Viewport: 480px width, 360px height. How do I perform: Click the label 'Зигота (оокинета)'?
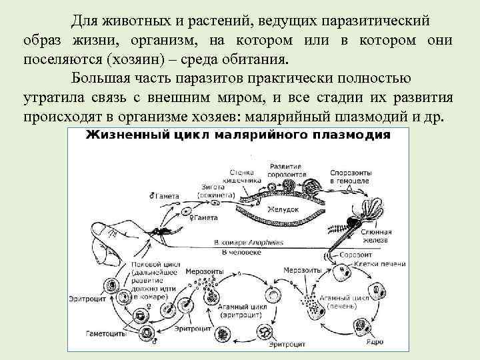tap(215, 191)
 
